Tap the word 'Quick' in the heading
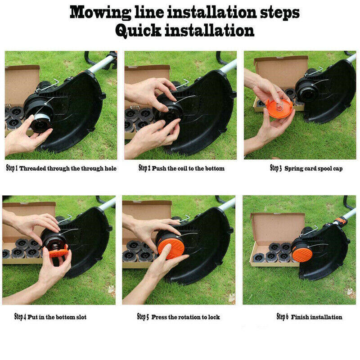[138, 31]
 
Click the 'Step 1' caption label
[12, 168]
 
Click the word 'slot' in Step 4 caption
[81, 317]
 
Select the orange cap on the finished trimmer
[301, 253]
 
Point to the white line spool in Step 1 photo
[41, 119]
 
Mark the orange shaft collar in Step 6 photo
[340, 221]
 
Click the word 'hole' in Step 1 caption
[111, 168]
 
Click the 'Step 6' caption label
[283, 317]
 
